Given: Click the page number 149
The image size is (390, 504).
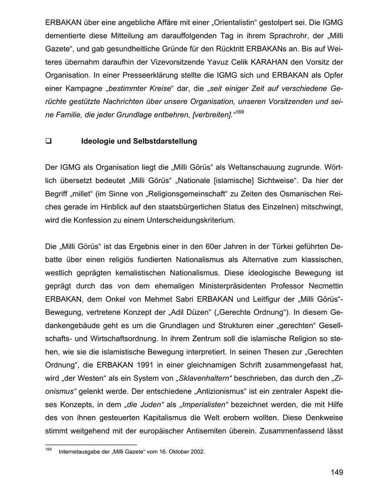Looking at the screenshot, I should (x=336, y=472).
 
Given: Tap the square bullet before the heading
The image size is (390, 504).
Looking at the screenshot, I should (x=48, y=141).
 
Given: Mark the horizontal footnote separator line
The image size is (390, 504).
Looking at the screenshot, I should (x=91, y=445).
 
